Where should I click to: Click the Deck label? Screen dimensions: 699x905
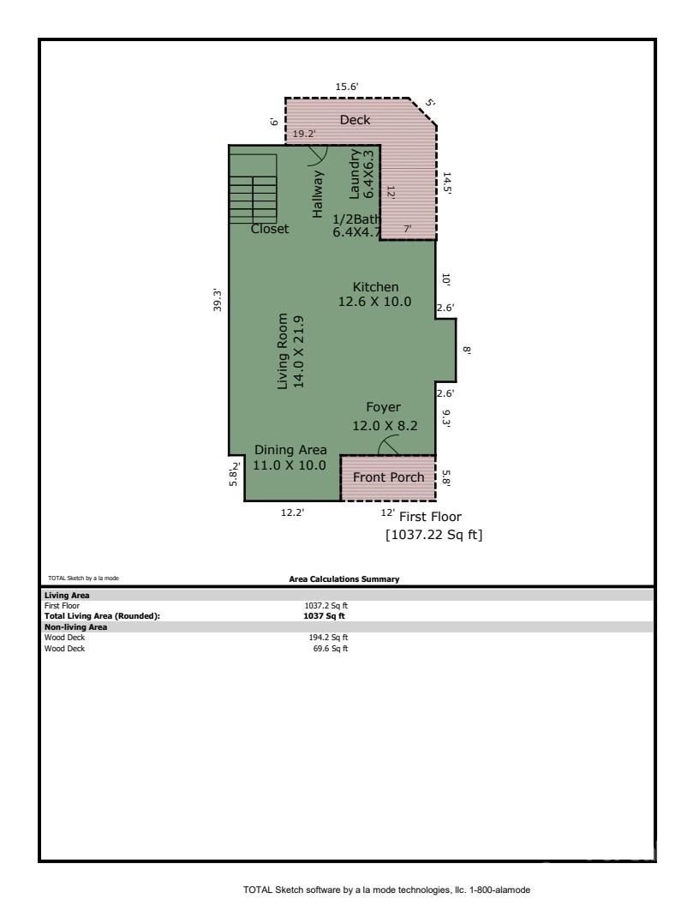(355, 120)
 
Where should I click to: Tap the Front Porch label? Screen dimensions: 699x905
(388, 477)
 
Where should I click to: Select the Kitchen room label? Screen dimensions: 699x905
(375, 287)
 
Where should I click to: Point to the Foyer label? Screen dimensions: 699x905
(383, 407)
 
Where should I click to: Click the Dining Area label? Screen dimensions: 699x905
(290, 450)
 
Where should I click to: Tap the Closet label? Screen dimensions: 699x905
(269, 229)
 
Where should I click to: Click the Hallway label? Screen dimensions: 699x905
(318, 194)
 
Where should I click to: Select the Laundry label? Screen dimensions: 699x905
(354, 174)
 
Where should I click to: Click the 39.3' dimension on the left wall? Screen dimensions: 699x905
(218, 300)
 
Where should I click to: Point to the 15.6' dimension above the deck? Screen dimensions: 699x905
(347, 87)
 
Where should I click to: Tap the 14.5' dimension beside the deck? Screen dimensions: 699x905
(446, 183)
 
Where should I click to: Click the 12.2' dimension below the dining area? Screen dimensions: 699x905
(292, 512)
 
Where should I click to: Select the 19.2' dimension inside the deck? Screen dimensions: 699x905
(304, 134)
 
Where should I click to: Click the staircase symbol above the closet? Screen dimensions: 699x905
(253, 189)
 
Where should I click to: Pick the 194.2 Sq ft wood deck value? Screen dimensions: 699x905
(328, 638)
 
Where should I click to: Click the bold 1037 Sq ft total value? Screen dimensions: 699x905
(324, 616)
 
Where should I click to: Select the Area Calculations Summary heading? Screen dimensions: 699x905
(344, 578)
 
